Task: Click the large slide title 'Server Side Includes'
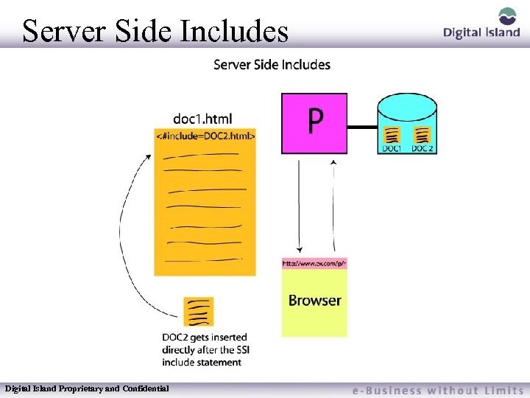(155, 31)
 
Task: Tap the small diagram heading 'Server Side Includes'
(272, 65)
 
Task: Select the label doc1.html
(202, 118)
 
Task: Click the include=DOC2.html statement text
(205, 136)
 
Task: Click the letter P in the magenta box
(314, 122)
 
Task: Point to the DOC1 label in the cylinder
(392, 148)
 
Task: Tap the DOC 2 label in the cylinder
(422, 148)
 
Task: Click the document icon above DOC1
(392, 135)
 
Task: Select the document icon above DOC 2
(422, 135)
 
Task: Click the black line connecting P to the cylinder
(361, 128)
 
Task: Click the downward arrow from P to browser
(299, 206)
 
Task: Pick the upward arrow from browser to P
(333, 206)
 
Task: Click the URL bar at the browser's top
(314, 263)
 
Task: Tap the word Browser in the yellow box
(314, 301)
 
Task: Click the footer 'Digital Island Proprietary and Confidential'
(87, 388)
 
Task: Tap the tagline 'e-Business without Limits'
(437, 390)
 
